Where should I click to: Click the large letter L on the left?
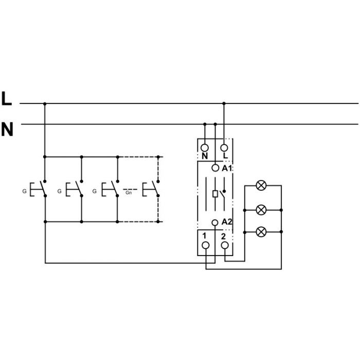point(7,99)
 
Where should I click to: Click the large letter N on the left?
point(7,130)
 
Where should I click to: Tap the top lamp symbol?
point(261,186)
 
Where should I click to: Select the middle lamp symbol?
point(261,209)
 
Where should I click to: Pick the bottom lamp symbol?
point(261,232)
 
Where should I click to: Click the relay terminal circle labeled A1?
point(215,168)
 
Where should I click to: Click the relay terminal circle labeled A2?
point(215,222)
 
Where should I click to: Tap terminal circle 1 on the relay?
point(206,245)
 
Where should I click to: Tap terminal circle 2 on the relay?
point(225,245)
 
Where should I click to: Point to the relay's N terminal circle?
point(205,146)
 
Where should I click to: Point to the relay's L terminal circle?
point(225,146)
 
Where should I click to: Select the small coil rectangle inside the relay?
point(214,194)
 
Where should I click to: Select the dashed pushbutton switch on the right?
point(152,189)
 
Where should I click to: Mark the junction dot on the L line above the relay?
point(224,103)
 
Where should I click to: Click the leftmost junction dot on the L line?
point(45,103)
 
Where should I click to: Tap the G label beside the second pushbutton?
point(60,191)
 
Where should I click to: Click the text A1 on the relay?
point(227,168)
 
